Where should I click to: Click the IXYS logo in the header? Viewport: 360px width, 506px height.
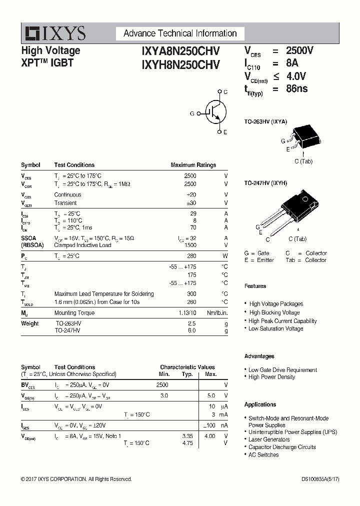55,33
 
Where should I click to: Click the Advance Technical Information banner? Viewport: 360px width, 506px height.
180,33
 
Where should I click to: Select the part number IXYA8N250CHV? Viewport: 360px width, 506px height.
180,51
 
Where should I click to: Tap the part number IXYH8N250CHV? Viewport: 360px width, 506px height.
180,64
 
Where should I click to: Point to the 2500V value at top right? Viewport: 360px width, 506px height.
299,50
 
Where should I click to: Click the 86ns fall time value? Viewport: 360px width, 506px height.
296,89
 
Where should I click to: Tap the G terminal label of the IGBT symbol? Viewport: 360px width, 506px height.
191,113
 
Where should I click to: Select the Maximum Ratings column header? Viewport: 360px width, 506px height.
193,165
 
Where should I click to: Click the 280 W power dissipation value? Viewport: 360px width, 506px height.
191,256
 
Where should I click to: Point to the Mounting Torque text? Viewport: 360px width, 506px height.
74,313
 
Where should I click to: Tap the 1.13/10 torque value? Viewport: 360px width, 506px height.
187,313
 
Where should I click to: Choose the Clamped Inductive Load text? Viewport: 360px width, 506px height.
82,245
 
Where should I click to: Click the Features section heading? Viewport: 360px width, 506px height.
255,286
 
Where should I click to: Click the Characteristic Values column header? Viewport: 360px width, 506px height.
187,367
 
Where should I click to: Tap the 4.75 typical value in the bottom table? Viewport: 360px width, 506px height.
187,443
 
